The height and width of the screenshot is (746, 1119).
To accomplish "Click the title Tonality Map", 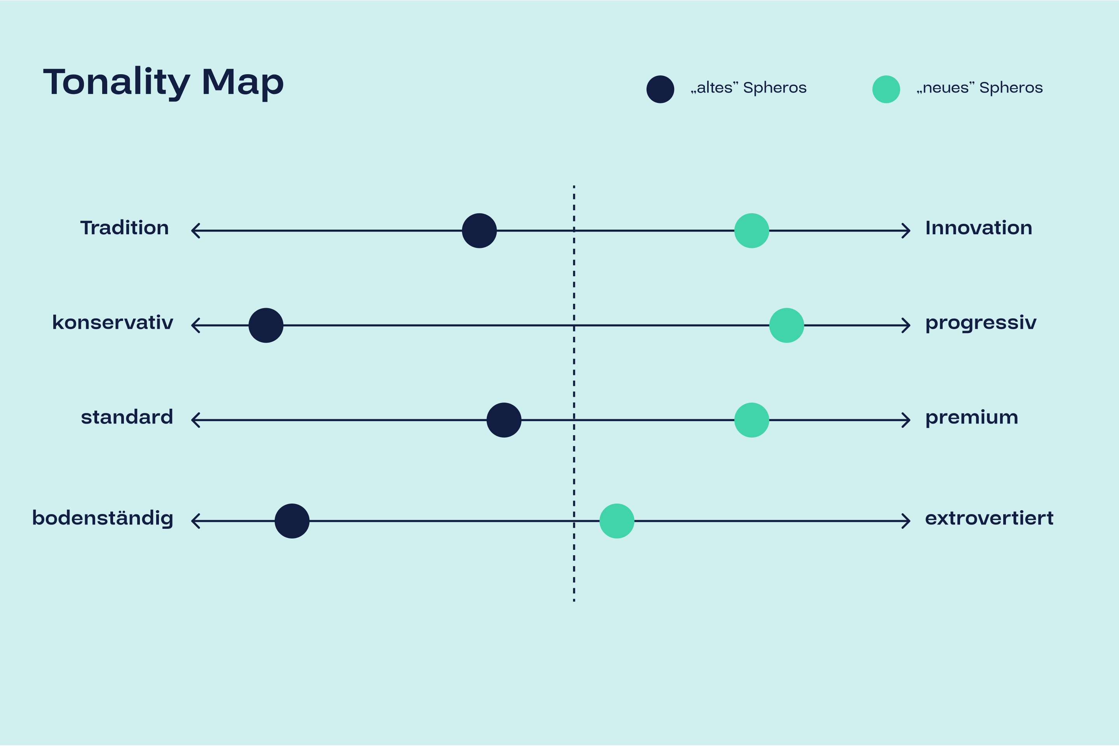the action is (x=164, y=83).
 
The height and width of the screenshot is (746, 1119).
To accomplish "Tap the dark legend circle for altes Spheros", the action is (x=661, y=89).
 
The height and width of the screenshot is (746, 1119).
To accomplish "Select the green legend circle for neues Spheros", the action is (x=886, y=89).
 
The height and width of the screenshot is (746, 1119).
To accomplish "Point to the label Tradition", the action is (x=124, y=228).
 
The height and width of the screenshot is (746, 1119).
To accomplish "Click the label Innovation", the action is (x=979, y=228).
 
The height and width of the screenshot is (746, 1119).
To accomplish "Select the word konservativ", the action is (x=113, y=322).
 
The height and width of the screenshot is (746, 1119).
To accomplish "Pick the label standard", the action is (x=127, y=417).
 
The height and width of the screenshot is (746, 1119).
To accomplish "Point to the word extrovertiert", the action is (x=989, y=518).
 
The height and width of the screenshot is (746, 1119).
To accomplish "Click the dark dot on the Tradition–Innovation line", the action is (x=479, y=231).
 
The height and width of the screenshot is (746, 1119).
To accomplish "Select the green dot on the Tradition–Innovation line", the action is (x=752, y=231).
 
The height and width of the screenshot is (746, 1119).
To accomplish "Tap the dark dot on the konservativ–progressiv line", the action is (x=266, y=326).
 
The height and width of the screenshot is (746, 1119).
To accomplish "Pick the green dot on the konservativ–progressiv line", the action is (x=787, y=326).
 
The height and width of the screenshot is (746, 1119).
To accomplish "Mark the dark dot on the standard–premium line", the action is (x=504, y=420).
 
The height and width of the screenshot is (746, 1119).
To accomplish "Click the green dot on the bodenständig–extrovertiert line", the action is (x=617, y=521).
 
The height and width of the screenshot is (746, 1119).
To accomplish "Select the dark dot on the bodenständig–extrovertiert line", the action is (x=292, y=521).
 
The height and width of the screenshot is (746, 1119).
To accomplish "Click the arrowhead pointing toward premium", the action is (x=907, y=420).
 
